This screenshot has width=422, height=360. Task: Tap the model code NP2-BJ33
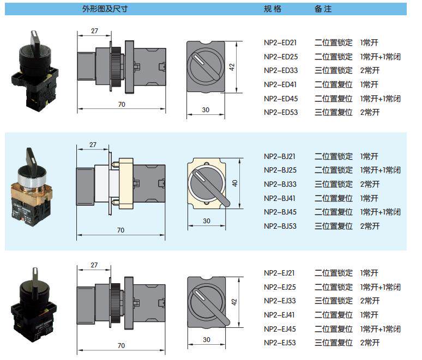pos(280,184)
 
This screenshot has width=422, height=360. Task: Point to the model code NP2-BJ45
pos(280,212)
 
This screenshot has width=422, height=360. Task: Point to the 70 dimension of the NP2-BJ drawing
pos(120,230)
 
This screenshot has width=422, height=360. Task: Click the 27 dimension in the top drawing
pos(94,31)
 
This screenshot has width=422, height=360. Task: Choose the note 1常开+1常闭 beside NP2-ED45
pos(381,99)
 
